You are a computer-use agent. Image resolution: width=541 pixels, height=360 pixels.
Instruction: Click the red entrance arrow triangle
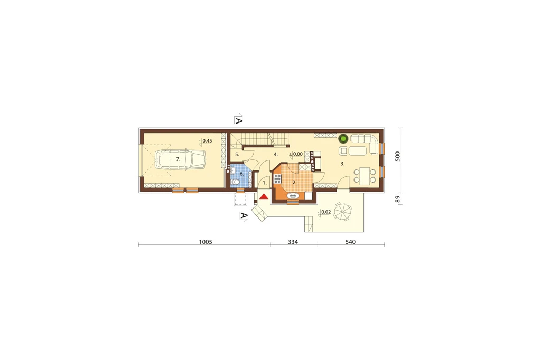tap(264, 197)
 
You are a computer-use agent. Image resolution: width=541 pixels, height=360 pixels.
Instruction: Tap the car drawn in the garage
tap(180, 159)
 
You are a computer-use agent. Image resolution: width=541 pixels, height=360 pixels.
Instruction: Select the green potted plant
tap(343, 139)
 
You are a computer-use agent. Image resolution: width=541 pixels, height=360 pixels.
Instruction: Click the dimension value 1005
tap(206, 242)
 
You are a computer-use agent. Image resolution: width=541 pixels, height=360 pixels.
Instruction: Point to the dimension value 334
tap(293, 242)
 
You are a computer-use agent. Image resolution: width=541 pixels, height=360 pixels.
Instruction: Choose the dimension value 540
tap(350, 242)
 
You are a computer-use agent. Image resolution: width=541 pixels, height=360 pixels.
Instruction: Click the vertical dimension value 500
tap(397, 156)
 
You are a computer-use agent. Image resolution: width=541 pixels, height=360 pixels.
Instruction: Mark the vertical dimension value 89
tap(397, 199)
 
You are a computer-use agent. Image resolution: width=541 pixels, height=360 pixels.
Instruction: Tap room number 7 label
tap(178, 159)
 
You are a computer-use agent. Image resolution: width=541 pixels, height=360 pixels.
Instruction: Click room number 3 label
tap(342, 164)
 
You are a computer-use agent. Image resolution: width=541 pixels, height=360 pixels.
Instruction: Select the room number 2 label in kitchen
tap(294, 183)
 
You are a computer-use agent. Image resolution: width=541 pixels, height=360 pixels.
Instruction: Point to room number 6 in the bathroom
tap(241, 174)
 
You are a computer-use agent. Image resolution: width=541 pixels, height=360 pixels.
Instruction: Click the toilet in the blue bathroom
tap(236, 183)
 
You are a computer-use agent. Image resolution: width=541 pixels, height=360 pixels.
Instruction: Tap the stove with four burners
tap(277, 179)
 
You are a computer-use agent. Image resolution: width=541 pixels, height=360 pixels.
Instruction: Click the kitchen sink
tap(293, 196)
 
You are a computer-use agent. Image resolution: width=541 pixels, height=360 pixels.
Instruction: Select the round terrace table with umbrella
tap(342, 212)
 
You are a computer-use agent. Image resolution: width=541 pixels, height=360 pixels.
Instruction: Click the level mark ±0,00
tap(296, 154)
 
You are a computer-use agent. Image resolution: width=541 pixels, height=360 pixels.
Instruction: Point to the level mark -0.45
tap(206, 141)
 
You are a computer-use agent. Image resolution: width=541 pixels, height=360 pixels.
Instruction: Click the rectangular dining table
tap(365, 176)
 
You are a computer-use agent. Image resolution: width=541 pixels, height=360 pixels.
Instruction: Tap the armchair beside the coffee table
tap(343, 150)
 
